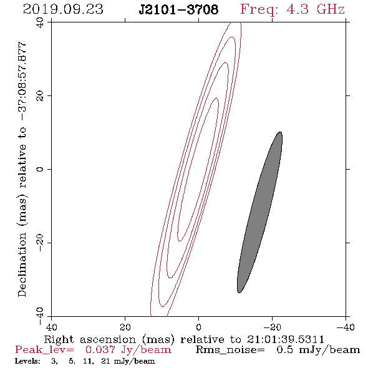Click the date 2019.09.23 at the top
pyautogui.click(x=63, y=9)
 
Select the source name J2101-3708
pyautogui.click(x=178, y=9)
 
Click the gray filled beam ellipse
pyautogui.click(x=259, y=212)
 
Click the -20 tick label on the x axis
pyautogui.click(x=272, y=327)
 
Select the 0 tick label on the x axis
pyautogui.click(x=198, y=327)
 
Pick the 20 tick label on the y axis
pyautogui.click(x=40, y=96)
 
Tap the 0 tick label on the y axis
pyautogui.click(x=40, y=169)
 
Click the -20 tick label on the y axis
pyautogui.click(x=40, y=243)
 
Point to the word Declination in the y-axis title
pyautogui.click(x=22, y=264)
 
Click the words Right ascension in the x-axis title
pyautogui.click(x=90, y=339)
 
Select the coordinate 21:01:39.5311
pyautogui.click(x=286, y=339)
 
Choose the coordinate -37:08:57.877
pyautogui.click(x=22, y=82)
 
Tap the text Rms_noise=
pyautogui.click(x=230, y=350)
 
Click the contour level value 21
pyautogui.click(x=105, y=361)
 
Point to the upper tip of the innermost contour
pyautogui.click(x=216, y=98)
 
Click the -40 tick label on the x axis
pyautogui.click(x=346, y=327)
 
